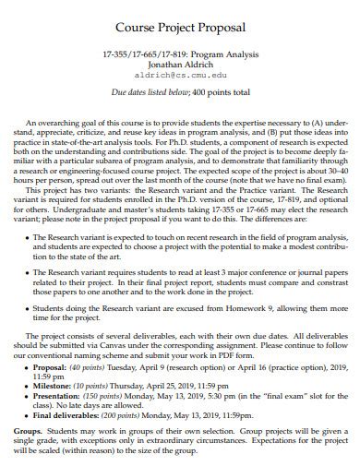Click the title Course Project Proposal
(179, 23)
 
